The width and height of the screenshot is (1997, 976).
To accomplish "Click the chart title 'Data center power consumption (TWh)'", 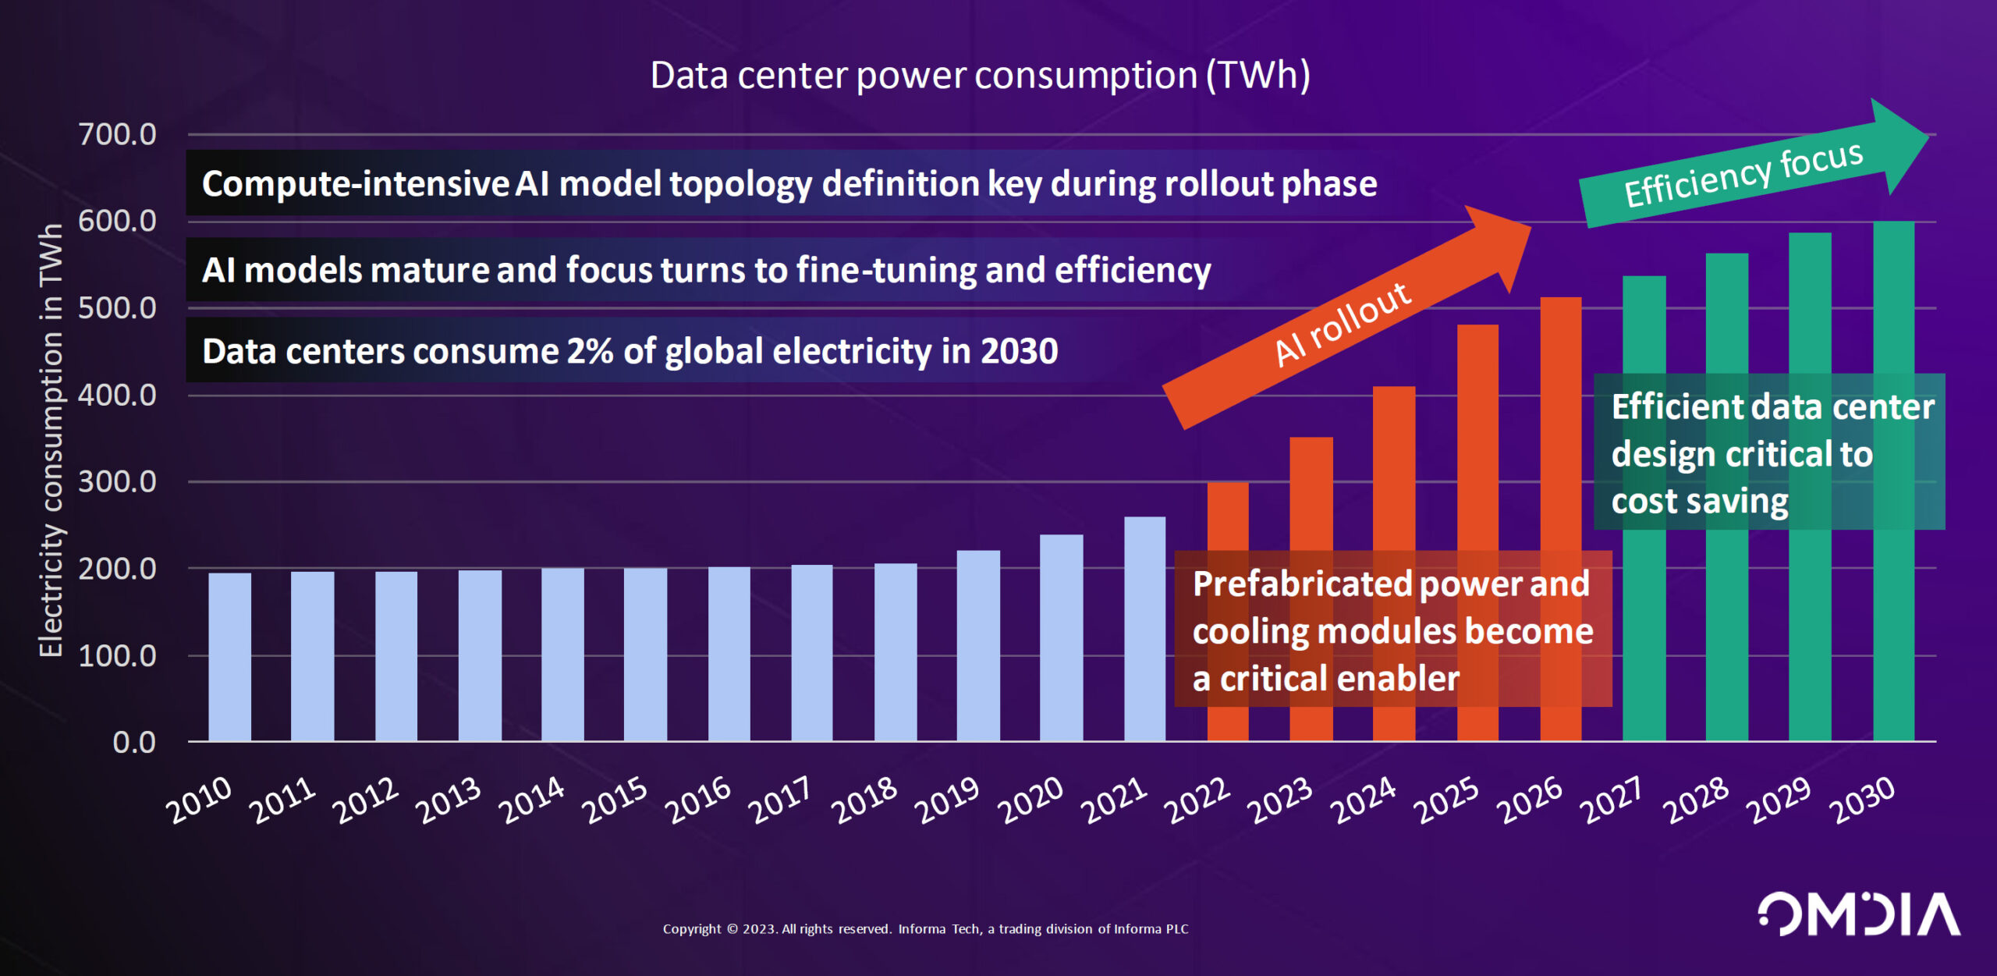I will pyautogui.click(x=980, y=76).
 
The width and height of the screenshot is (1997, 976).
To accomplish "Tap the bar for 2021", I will pyautogui.click(x=1144, y=628).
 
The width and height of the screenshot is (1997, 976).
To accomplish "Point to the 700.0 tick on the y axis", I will pyautogui.click(x=117, y=135).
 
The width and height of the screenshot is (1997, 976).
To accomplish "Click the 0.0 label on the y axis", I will pyautogui.click(x=134, y=743).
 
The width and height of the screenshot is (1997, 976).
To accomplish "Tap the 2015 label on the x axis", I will pyautogui.click(x=616, y=800).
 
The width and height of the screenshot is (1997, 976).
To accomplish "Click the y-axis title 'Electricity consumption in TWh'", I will pyautogui.click(x=51, y=441).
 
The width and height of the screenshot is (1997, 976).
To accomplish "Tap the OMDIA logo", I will pyautogui.click(x=1858, y=914).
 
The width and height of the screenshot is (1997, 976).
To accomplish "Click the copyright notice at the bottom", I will pyautogui.click(x=925, y=929).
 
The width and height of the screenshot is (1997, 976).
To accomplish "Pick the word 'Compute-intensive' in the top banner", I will pyautogui.click(x=355, y=184).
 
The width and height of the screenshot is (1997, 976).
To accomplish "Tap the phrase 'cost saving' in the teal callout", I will pyautogui.click(x=1699, y=502).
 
